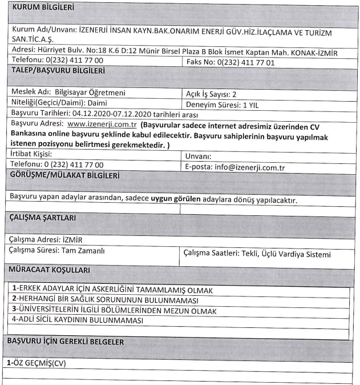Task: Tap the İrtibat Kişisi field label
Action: click(32, 155)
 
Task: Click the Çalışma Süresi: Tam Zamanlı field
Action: click(58, 251)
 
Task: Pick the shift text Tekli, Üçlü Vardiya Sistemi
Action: click(285, 254)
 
